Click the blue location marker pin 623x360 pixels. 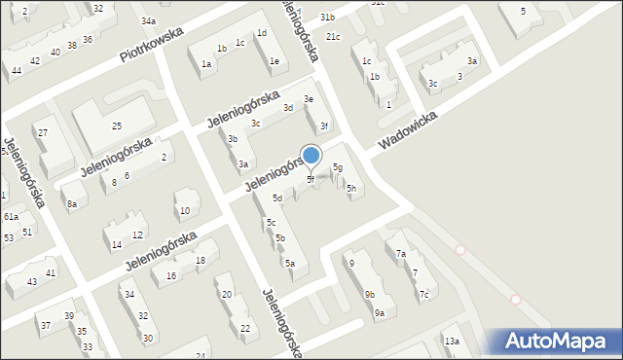(x=311, y=156)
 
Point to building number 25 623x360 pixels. (x=116, y=126)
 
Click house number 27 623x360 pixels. (x=42, y=132)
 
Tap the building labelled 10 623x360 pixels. (x=185, y=211)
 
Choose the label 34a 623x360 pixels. (x=147, y=20)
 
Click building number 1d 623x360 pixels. (x=261, y=33)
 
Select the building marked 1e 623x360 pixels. (x=275, y=61)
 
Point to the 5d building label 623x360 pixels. (x=277, y=198)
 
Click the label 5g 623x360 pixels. (x=338, y=167)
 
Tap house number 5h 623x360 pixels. (x=351, y=188)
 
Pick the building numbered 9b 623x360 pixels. (x=370, y=294)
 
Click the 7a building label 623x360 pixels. (x=401, y=254)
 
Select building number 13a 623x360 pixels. (x=452, y=341)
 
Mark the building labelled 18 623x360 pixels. (x=200, y=260)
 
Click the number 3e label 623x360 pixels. (x=309, y=99)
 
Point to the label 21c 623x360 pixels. (x=333, y=37)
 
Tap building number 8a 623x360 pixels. (x=72, y=204)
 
